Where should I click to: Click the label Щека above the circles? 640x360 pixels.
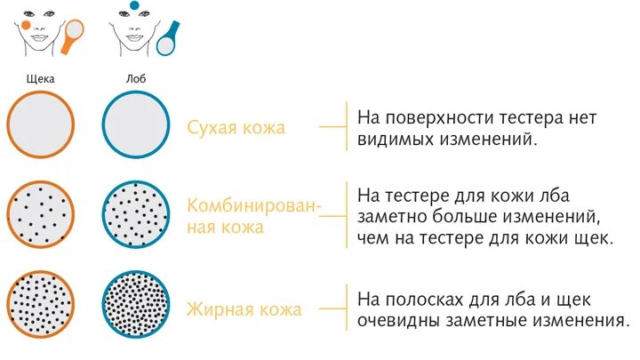(x=40, y=78)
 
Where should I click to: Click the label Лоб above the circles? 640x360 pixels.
(x=136, y=78)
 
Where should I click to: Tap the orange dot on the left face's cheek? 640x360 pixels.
(x=28, y=26)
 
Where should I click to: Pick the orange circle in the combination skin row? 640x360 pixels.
(x=40, y=216)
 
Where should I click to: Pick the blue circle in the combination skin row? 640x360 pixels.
(x=135, y=216)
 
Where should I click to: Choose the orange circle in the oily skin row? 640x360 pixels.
(x=40, y=306)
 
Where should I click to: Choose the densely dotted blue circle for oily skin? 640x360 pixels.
(x=135, y=306)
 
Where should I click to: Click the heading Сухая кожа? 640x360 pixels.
(x=236, y=127)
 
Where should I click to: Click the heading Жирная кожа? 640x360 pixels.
(x=244, y=310)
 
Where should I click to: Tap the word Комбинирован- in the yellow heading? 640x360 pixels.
(x=253, y=206)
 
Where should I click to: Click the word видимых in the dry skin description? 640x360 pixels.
(x=395, y=140)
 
